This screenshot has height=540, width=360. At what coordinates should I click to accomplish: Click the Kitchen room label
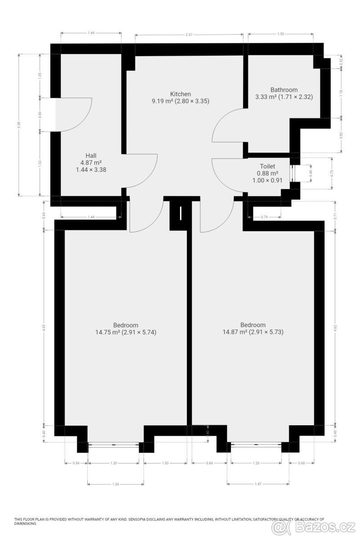pyautogui.click(x=180, y=94)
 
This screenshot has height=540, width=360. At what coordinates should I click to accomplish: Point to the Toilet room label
pyautogui.click(x=267, y=166)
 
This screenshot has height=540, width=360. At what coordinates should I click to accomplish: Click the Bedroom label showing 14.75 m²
pyautogui.click(x=126, y=325)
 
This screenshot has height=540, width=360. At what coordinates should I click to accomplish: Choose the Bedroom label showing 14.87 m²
pyautogui.click(x=253, y=325)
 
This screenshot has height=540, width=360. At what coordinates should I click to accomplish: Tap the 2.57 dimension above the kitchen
pyautogui.click(x=189, y=35)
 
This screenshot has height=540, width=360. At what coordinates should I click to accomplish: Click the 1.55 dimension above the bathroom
pyautogui.click(x=281, y=34)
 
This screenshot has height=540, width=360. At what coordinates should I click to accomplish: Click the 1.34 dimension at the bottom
pyautogui.click(x=116, y=484)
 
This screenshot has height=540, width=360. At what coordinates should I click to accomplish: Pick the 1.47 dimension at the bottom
pyautogui.click(x=258, y=484)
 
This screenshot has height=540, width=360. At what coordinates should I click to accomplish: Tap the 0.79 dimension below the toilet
pyautogui.click(x=265, y=217)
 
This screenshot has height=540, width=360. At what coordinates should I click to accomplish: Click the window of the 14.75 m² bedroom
pyautogui.click(x=113, y=445)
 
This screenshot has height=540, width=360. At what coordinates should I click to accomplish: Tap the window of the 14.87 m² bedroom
pyautogui.click(x=256, y=445)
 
